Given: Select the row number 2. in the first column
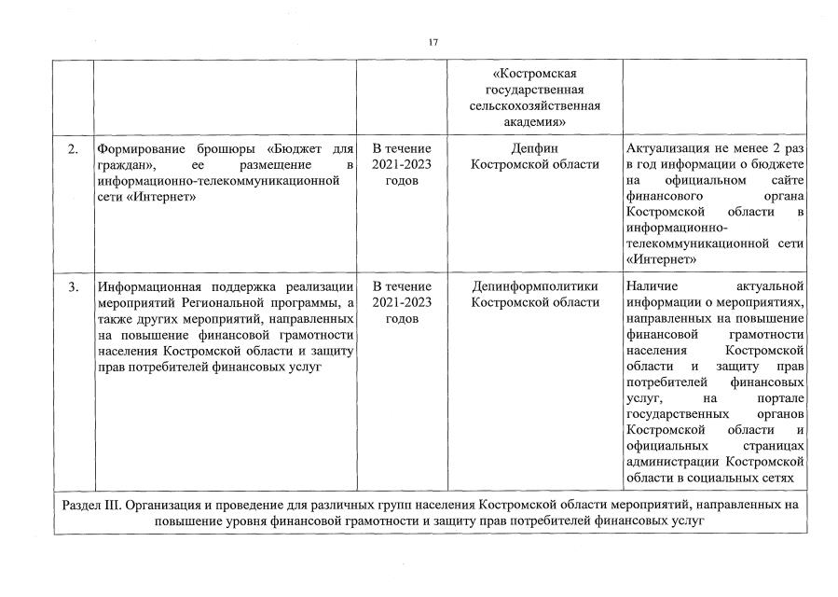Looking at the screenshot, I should tap(73, 149).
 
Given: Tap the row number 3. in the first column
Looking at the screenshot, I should tap(73, 286).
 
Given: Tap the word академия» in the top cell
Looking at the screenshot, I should tap(535, 122).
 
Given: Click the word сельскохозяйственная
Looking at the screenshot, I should tap(535, 106).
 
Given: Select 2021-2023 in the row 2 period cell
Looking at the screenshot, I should tap(402, 165).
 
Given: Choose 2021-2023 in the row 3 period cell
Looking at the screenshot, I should tap(402, 302).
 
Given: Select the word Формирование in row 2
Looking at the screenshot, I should tap(138, 149).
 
